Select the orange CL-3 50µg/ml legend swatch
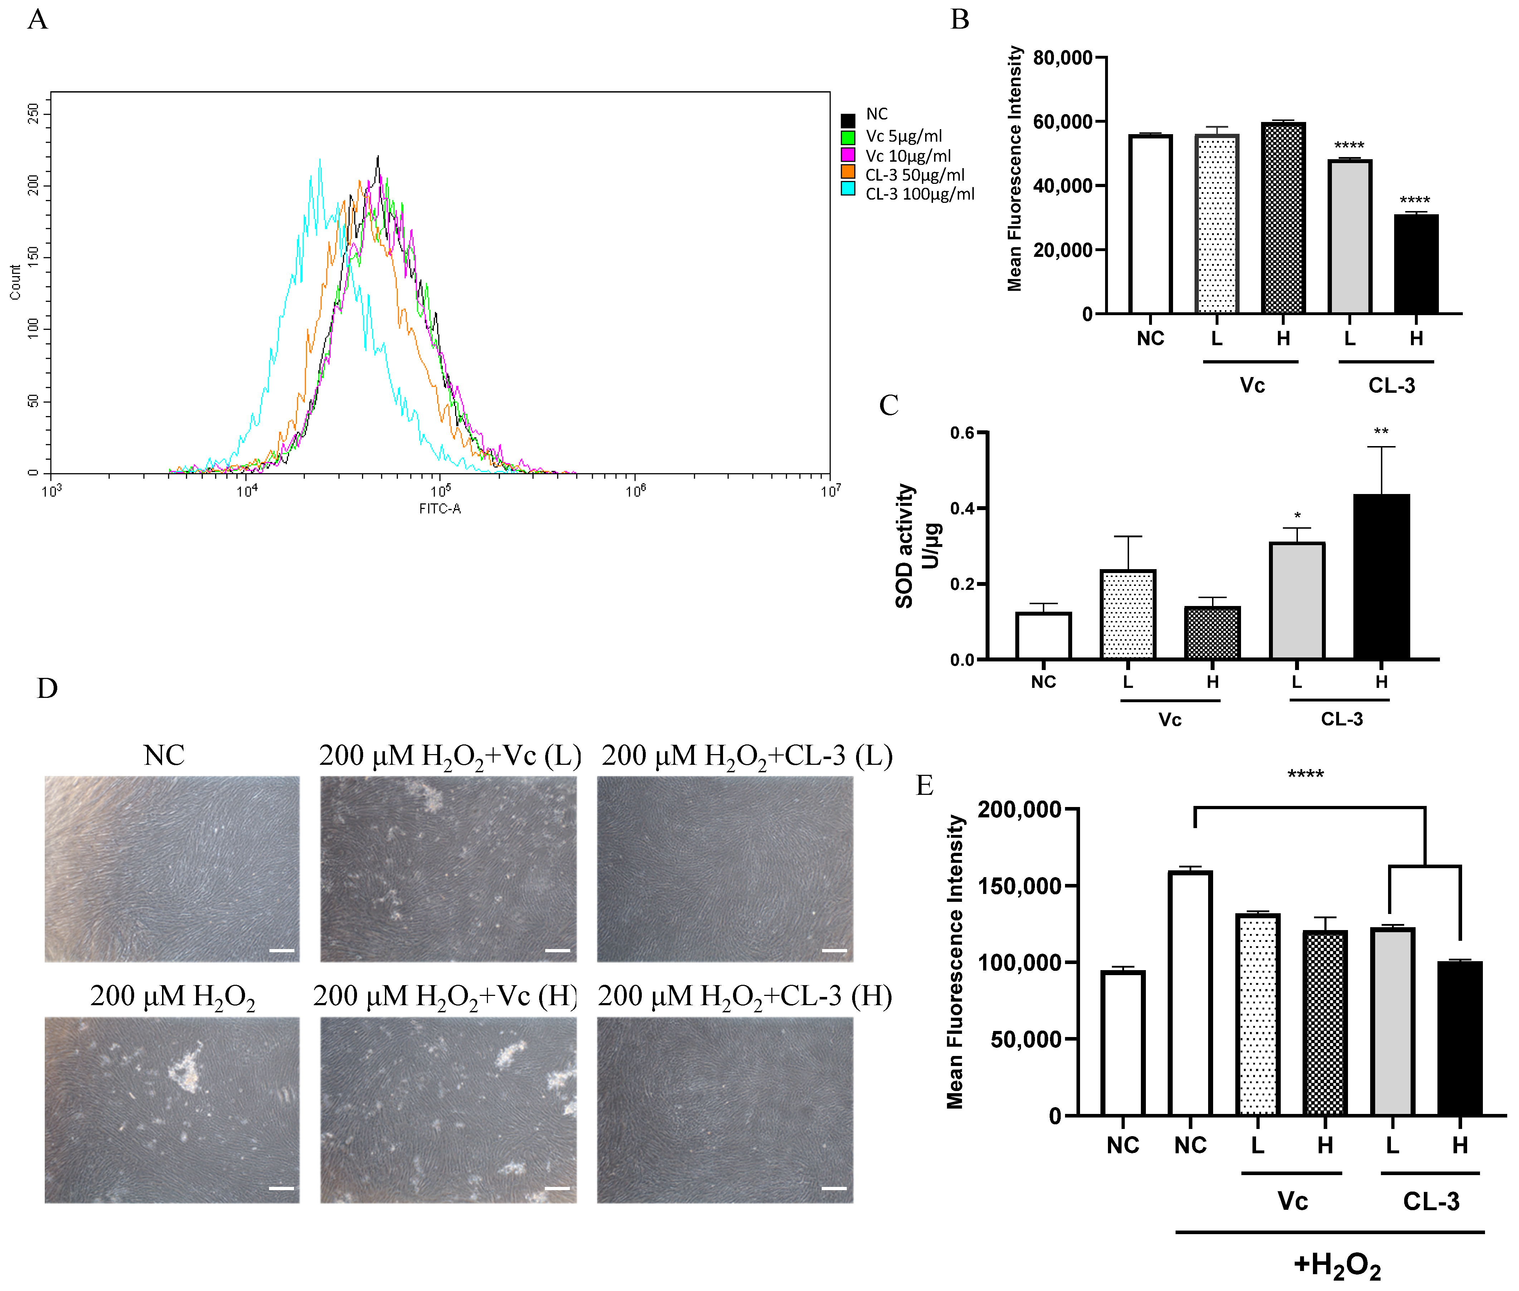(x=848, y=171)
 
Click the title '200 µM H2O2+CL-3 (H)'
(x=744, y=996)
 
